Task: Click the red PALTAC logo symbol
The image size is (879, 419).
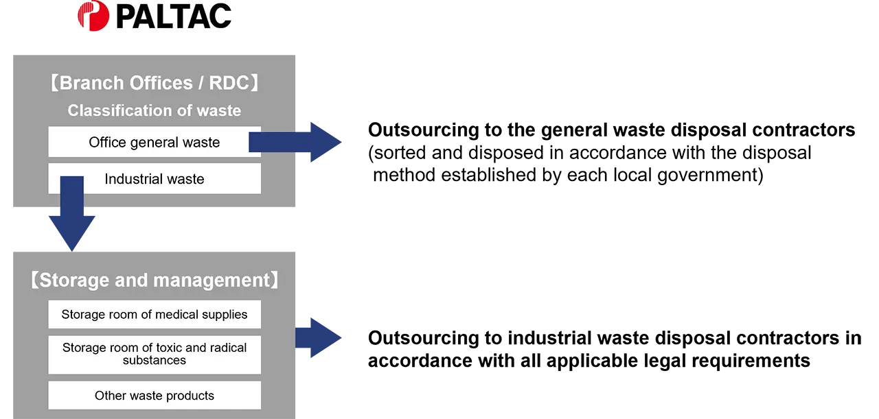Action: tap(93, 16)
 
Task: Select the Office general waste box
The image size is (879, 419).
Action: tap(154, 143)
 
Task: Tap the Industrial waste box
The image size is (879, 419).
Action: tap(154, 179)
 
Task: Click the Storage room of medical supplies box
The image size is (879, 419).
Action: tap(154, 315)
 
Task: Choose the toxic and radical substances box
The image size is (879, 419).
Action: tap(154, 354)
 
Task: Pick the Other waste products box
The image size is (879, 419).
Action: tap(154, 396)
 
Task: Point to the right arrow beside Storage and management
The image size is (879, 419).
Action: tap(320, 338)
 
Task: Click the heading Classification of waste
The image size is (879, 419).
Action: tap(154, 110)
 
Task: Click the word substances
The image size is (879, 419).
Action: tap(154, 361)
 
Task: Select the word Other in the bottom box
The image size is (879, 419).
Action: tap(111, 396)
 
